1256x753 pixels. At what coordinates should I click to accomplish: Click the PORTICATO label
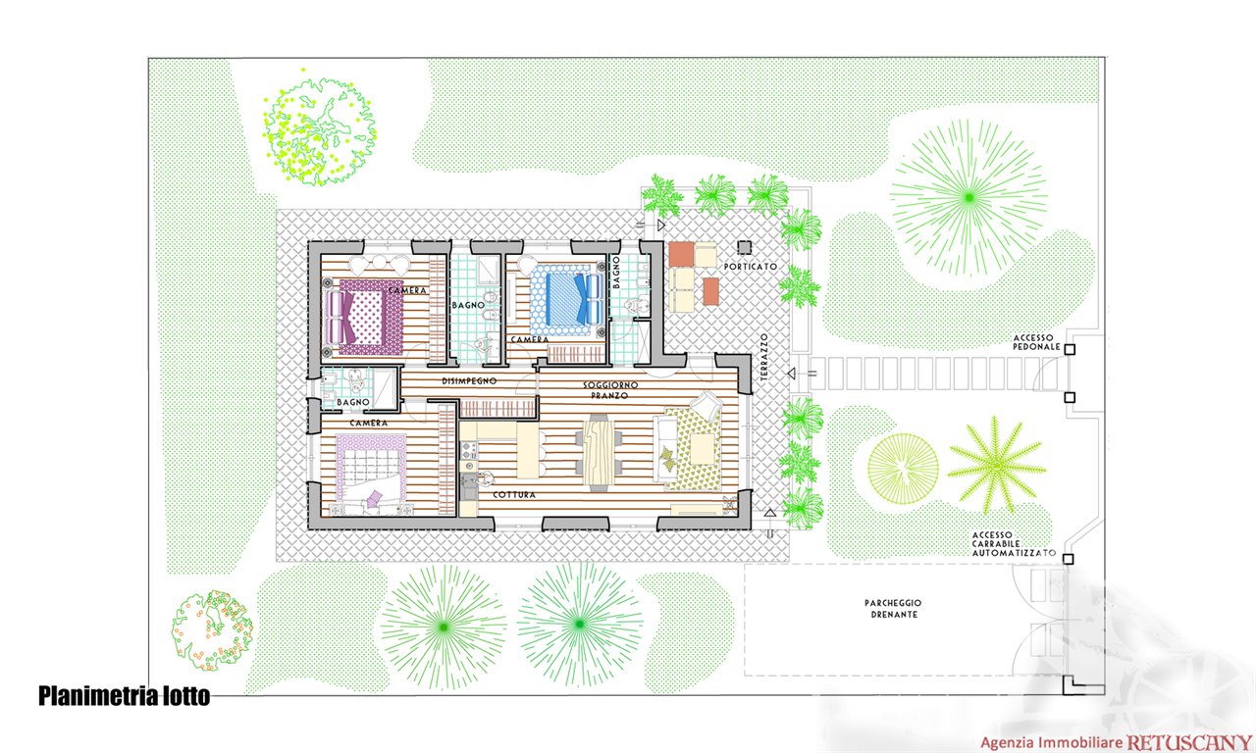point(751,267)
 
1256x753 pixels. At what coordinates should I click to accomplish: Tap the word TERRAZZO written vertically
point(764,358)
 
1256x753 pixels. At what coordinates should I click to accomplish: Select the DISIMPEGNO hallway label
point(469,381)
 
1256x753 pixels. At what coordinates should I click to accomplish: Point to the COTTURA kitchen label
point(514,495)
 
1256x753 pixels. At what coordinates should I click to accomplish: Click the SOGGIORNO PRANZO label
point(610,390)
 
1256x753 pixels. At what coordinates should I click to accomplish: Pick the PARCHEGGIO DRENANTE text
point(893,609)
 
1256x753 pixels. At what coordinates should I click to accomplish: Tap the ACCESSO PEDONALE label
point(1036,342)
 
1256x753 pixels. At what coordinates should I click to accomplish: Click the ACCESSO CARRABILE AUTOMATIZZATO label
point(1014,544)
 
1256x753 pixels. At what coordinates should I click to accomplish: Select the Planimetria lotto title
point(124,696)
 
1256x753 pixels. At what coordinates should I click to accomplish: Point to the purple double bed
point(364,317)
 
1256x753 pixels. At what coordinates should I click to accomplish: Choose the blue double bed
point(567,300)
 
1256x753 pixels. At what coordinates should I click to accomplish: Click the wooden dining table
point(599,453)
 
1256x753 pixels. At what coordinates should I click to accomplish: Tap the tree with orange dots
point(212,629)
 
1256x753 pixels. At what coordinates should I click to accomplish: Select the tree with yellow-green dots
point(320,129)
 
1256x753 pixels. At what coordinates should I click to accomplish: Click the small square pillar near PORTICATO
point(744,247)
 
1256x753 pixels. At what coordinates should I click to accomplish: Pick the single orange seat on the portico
point(711,291)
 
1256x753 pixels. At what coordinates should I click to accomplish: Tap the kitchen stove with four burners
point(469,449)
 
